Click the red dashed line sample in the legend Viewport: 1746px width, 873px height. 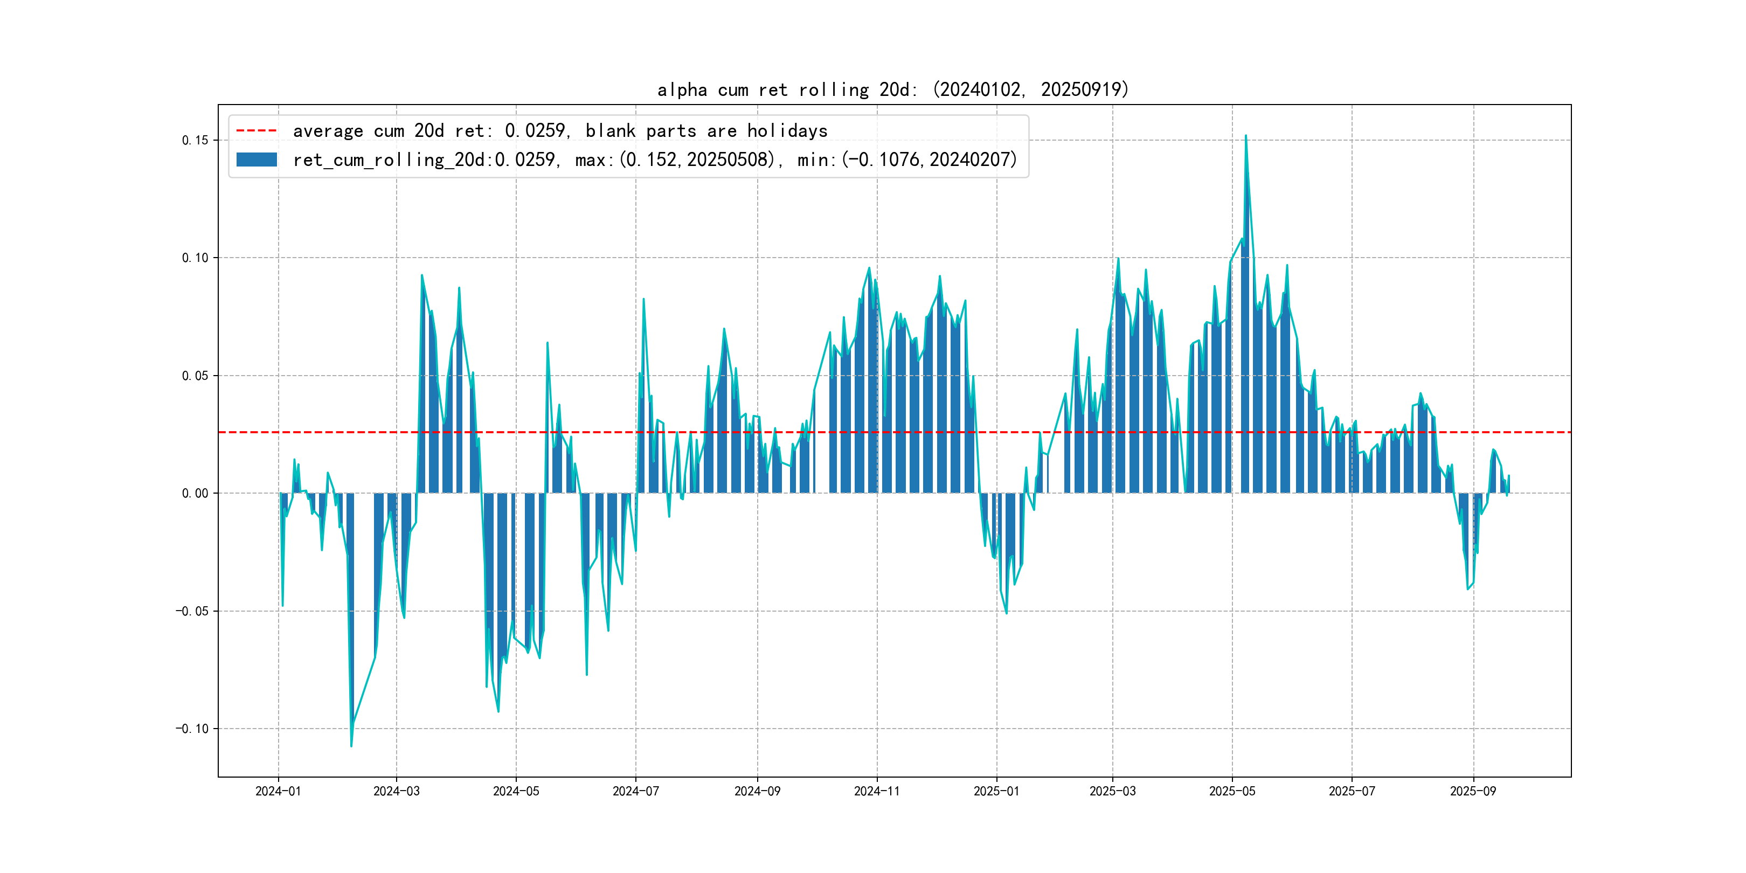tap(256, 130)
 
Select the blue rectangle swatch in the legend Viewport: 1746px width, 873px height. tap(256, 160)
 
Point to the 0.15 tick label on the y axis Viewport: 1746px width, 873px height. tap(195, 140)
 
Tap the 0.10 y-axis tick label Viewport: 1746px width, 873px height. tap(195, 258)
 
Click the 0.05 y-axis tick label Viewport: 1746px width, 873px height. tap(195, 376)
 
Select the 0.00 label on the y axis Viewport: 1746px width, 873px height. tap(195, 494)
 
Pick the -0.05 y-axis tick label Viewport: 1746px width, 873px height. tap(192, 612)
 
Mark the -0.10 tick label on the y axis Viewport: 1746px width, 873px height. tap(192, 729)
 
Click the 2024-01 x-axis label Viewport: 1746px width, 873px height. tap(278, 791)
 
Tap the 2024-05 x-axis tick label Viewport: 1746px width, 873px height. tap(516, 791)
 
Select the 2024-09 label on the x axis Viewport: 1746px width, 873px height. tap(757, 791)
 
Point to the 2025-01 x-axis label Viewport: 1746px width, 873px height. tap(996, 791)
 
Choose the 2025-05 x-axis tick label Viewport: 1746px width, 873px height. tap(1232, 791)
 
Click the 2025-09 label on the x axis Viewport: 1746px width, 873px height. tap(1473, 791)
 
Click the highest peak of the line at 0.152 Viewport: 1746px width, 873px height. tap(1246, 136)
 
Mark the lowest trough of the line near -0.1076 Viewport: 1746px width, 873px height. tap(351, 746)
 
